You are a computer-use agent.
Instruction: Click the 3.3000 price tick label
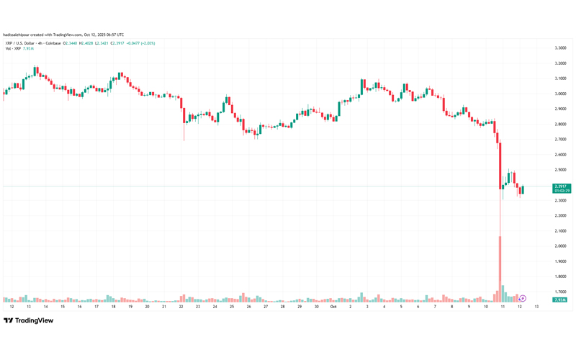pyautogui.click(x=559, y=48)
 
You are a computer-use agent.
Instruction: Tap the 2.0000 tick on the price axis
pyautogui.click(x=559, y=246)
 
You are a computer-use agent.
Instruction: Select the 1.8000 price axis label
pyautogui.click(x=559, y=276)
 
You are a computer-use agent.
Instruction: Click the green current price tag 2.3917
pyautogui.click(x=562, y=186)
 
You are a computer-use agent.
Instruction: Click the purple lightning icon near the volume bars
pyautogui.click(x=523, y=298)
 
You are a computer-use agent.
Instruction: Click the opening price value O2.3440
pyautogui.click(x=71, y=43)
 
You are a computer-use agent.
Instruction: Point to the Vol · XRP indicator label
pyautogui.click(x=12, y=48)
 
